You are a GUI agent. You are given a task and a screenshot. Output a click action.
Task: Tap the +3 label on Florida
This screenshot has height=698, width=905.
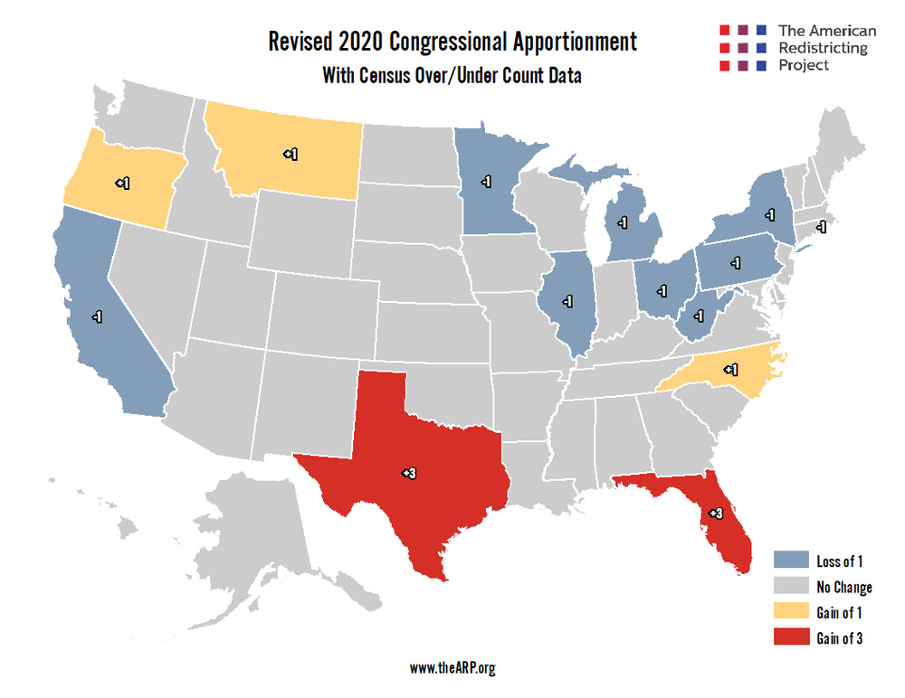[x=715, y=514]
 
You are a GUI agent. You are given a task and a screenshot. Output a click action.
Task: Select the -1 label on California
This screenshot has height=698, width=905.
[x=96, y=316]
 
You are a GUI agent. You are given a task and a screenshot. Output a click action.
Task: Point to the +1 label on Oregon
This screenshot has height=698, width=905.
[x=122, y=183]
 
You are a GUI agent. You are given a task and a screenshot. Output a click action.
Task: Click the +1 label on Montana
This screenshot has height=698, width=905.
[x=290, y=155]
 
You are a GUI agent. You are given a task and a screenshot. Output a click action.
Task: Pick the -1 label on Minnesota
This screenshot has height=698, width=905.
[x=486, y=182]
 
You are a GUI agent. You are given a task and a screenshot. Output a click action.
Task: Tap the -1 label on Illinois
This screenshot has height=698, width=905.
[x=567, y=300]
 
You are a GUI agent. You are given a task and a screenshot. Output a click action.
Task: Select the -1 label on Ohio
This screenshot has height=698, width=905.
[x=662, y=291]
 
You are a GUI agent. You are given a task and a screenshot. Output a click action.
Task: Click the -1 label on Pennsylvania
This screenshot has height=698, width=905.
[x=736, y=263]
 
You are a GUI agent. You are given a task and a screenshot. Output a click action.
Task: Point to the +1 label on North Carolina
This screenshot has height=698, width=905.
[x=730, y=369]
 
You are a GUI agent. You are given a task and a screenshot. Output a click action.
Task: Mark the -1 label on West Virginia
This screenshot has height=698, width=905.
[x=699, y=316]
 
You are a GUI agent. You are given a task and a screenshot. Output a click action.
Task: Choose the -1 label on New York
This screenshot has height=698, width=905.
[x=768, y=215]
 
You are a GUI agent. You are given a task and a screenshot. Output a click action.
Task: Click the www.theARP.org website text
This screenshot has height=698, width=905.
[x=452, y=668]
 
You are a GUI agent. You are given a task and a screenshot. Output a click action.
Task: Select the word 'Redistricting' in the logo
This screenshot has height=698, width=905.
[x=823, y=48]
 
